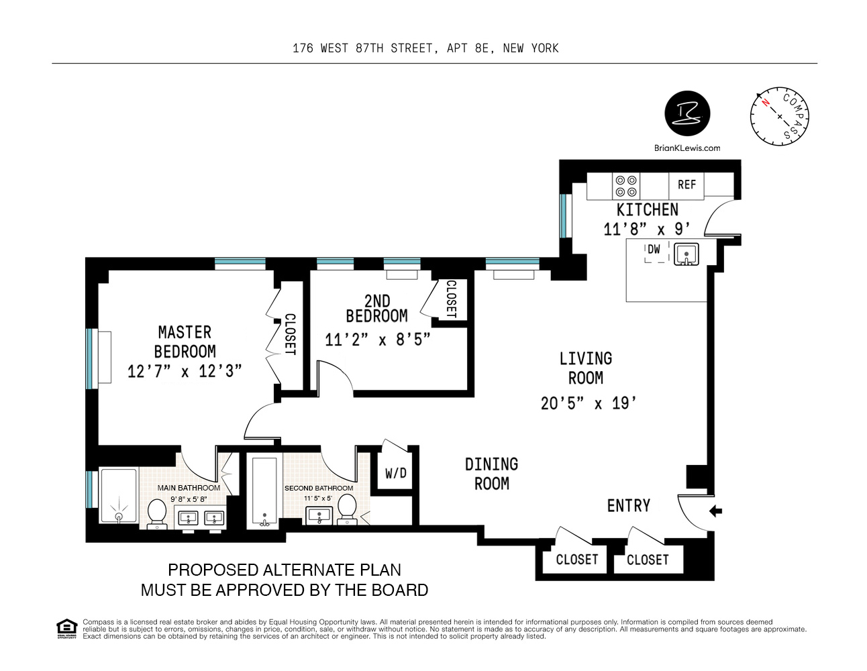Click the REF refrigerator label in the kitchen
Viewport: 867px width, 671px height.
[686, 185]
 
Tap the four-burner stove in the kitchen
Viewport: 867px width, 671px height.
[626, 186]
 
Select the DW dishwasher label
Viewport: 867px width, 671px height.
[654, 250]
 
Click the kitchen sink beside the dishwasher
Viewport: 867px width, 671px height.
[686, 254]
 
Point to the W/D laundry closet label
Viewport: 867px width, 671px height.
[395, 474]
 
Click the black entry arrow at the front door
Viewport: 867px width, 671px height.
[715, 511]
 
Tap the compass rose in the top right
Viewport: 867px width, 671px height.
[778, 115]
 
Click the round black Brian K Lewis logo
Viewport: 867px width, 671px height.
[686, 113]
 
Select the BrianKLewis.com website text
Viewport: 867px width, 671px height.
[686, 148]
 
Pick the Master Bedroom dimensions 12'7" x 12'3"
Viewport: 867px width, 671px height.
[185, 371]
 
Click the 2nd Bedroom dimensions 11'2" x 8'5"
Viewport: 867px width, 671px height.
[377, 340]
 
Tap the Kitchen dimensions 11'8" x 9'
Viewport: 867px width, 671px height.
[647, 229]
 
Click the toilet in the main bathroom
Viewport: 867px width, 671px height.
[157, 513]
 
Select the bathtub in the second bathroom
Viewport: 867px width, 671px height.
[264, 491]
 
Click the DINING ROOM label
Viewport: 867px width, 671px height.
[491, 474]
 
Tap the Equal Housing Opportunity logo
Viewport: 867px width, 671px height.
[66, 629]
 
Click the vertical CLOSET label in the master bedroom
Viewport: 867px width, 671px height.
[290, 334]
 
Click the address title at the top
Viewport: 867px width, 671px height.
[425, 48]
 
